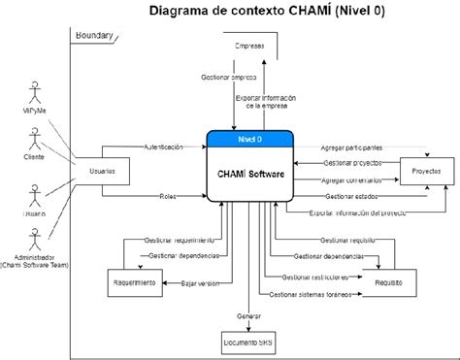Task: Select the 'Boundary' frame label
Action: click(95, 37)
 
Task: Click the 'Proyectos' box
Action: click(426, 170)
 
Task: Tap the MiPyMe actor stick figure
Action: click(36, 97)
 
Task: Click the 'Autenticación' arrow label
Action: click(163, 147)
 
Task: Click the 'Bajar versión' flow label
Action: click(201, 283)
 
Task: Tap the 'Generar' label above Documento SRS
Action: click(249, 315)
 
